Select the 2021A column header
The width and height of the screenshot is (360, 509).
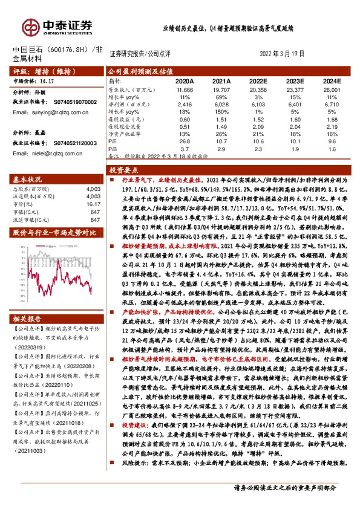(x=222, y=81)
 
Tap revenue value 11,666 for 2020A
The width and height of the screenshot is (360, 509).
(x=184, y=88)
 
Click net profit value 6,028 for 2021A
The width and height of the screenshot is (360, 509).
(x=222, y=104)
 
